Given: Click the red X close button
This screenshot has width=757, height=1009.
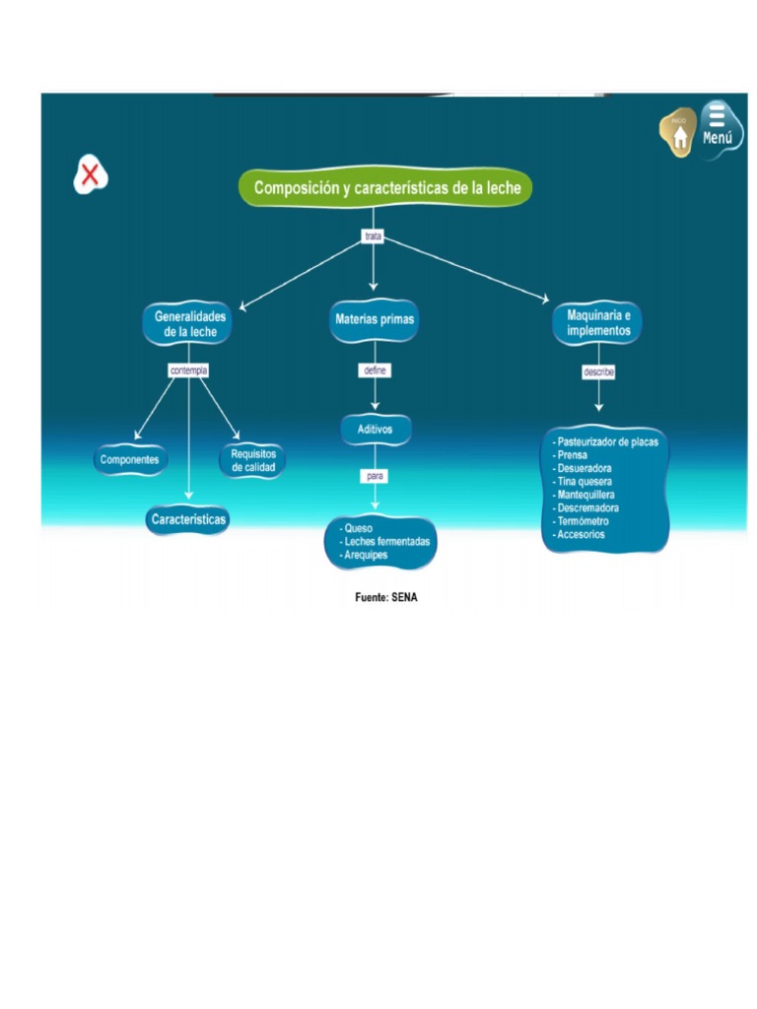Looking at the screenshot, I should (90, 175).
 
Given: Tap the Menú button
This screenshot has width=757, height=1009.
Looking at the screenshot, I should (720, 126).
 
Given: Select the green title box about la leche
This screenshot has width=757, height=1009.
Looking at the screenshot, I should (385, 187).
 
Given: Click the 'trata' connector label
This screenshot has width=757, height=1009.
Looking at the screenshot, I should (373, 236).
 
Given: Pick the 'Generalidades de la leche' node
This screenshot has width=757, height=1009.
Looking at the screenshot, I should (189, 324).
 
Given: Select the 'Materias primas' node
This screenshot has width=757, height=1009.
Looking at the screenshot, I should (375, 320).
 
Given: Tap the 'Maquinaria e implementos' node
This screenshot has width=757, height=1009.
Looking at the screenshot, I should (598, 323).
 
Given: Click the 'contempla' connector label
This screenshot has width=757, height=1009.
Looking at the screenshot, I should (188, 370).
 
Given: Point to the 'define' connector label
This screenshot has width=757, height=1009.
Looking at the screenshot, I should (375, 370).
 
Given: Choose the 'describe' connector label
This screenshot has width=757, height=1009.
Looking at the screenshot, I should (598, 372).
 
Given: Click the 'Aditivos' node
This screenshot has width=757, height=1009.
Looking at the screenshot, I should (375, 430).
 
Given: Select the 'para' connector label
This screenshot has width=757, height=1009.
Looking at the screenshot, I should (375, 476).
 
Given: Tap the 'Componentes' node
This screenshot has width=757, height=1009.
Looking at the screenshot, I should (130, 460).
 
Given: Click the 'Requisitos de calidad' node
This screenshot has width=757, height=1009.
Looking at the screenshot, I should (253, 461).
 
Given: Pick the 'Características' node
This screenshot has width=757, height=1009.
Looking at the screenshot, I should (188, 518).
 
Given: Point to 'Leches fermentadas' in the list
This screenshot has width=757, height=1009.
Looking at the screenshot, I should (386, 542).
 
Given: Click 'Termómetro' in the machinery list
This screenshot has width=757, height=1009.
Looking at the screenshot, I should (583, 521).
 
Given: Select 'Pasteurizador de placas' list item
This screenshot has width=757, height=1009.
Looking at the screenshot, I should (607, 442).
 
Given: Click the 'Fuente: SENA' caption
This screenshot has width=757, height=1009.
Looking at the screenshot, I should (385, 597).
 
